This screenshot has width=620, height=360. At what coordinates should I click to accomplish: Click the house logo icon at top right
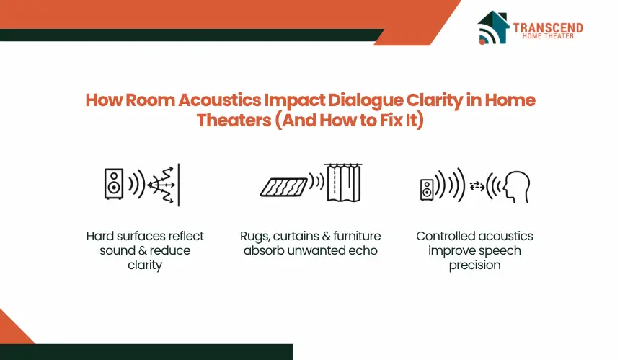pyautogui.click(x=493, y=27)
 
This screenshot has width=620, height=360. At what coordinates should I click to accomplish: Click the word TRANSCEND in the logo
pyautogui.click(x=548, y=27)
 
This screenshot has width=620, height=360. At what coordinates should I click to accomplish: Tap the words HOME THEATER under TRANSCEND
pyautogui.click(x=548, y=36)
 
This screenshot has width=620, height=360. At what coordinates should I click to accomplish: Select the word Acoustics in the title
pyautogui.click(x=219, y=100)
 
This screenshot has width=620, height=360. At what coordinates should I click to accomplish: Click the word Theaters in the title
pyautogui.click(x=234, y=120)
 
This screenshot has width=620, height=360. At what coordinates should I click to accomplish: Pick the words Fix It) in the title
pyautogui.click(x=402, y=120)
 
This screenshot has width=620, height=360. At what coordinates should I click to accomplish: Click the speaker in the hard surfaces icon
pyautogui.click(x=113, y=183)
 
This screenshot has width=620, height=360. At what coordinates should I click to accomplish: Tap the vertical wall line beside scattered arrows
pyautogui.click(x=179, y=185)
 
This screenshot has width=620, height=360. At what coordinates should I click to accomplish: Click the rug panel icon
pyautogui.click(x=284, y=187)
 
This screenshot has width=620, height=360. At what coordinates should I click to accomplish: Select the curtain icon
pyautogui.click(x=343, y=183)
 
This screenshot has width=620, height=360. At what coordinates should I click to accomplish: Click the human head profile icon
pyautogui.click(x=516, y=187)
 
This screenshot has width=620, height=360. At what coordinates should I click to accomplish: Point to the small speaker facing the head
pyautogui.click(x=427, y=190)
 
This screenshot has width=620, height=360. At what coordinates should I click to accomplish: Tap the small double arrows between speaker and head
pyautogui.click(x=477, y=186)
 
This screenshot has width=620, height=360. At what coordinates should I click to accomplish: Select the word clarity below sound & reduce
pyautogui.click(x=145, y=265)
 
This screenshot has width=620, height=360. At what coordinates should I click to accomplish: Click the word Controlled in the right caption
pyautogui.click(x=443, y=236)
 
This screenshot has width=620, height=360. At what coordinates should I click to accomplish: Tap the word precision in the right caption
pyautogui.click(x=474, y=265)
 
